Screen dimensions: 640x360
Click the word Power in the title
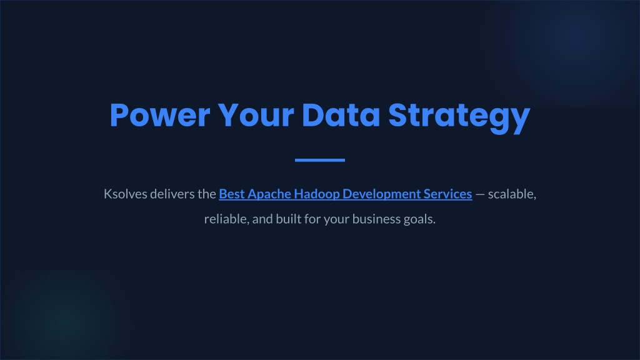pyautogui.click(x=160, y=116)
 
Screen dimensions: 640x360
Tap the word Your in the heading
pyautogui.click(x=256, y=116)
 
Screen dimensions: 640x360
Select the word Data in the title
pyautogui.click(x=341, y=116)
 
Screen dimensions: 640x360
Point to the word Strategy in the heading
pyautogui.click(x=459, y=118)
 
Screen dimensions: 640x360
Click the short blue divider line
pyautogui.click(x=320, y=160)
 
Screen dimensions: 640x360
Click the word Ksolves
pyautogui.click(x=125, y=194)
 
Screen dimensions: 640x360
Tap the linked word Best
pyautogui.click(x=231, y=194)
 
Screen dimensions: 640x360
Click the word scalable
pyautogui.click(x=512, y=194)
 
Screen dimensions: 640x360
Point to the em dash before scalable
pyautogui.click(x=480, y=195)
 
